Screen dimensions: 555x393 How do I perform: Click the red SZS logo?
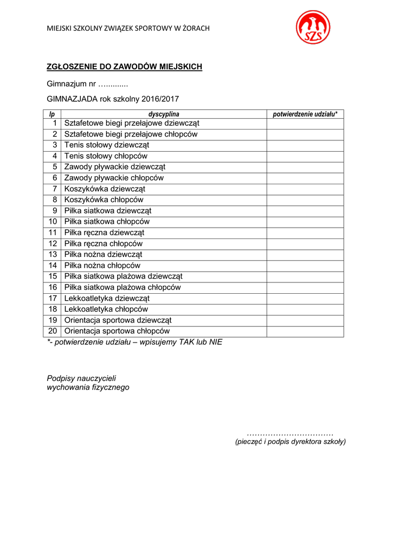(x=313, y=28)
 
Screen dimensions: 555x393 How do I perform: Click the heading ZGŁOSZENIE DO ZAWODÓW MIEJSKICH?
(x=124, y=67)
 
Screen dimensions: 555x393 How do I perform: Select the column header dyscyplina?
(x=164, y=114)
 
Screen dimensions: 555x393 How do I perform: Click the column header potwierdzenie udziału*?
(x=305, y=114)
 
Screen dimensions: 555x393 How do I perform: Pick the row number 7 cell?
(x=53, y=189)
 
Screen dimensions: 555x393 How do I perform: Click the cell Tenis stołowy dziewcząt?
(x=106, y=145)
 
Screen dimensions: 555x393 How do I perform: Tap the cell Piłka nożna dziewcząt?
(x=103, y=255)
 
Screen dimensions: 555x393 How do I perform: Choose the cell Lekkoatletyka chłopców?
(x=106, y=309)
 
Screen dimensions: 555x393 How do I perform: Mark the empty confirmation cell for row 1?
(x=305, y=124)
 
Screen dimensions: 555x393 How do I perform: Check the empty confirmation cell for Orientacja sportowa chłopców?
(x=305, y=331)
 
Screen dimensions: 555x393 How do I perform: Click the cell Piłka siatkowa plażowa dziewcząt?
(x=123, y=276)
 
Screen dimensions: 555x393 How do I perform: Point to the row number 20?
(x=53, y=331)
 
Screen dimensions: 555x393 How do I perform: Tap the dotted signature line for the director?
(x=290, y=434)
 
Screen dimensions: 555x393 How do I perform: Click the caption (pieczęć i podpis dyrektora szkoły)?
(x=290, y=442)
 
